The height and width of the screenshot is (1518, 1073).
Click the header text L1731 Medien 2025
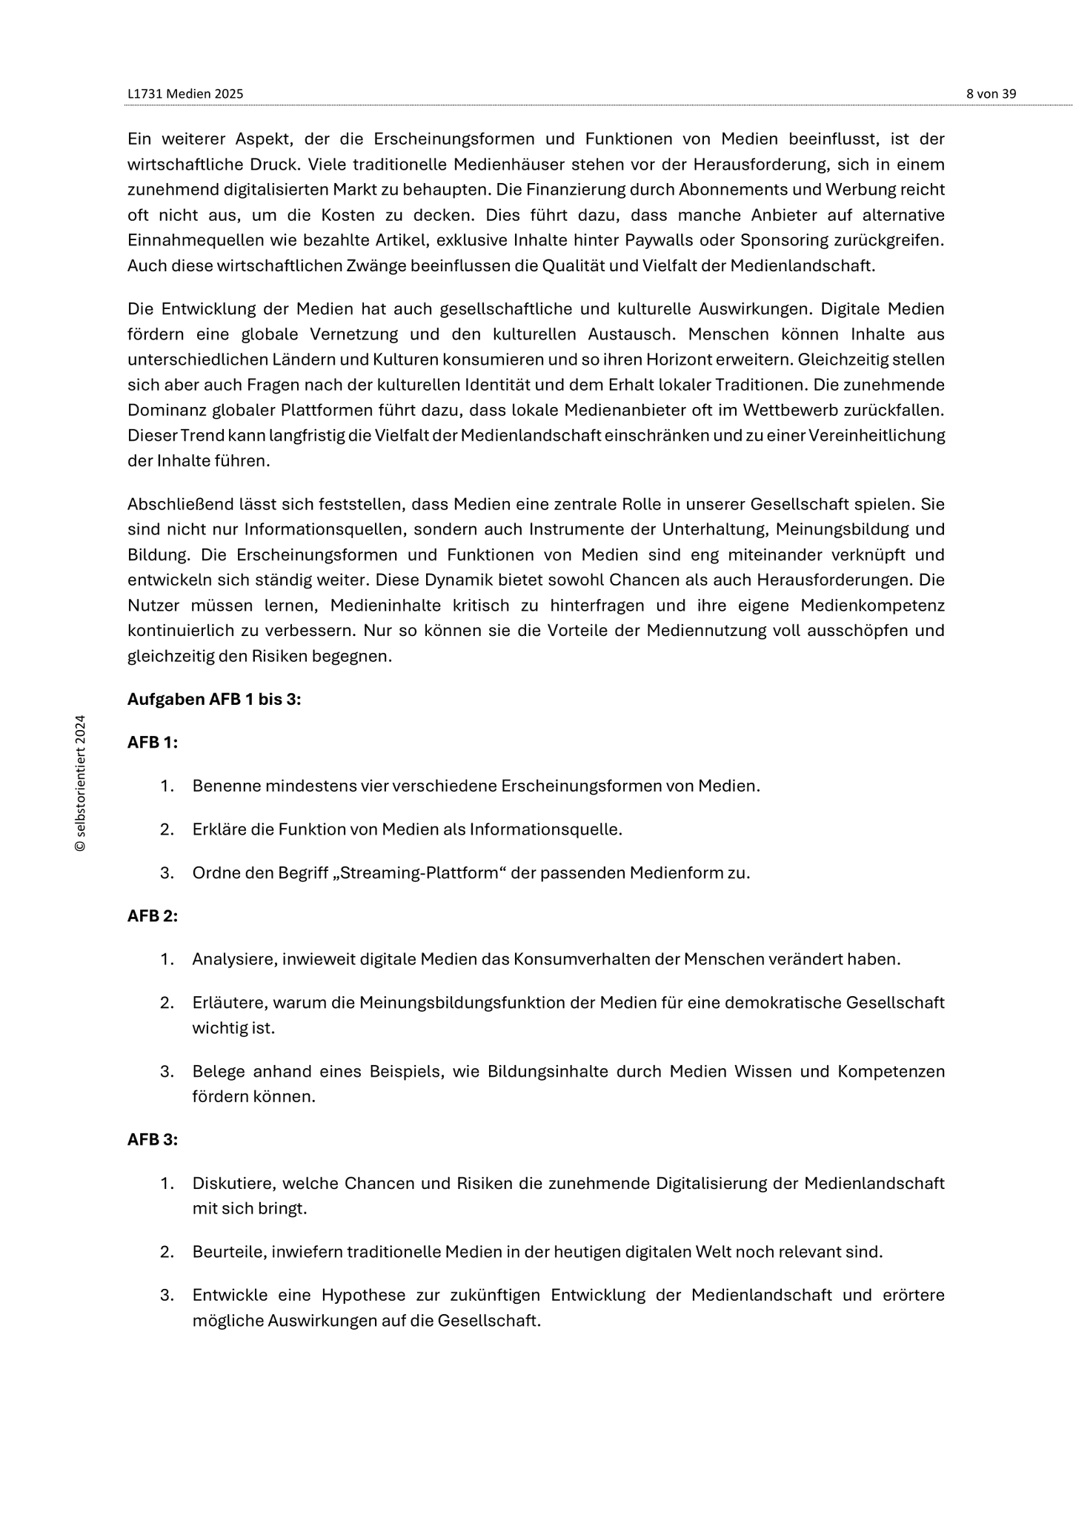point(185,94)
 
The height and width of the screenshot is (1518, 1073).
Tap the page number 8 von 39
point(991,94)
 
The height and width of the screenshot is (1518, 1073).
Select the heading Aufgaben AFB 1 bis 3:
point(214,699)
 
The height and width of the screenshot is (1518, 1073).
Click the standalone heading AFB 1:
point(153,742)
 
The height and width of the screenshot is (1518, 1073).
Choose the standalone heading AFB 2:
point(153,915)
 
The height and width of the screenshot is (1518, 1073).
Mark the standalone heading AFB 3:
point(153,1139)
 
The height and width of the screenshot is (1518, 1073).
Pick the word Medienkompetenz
point(872,606)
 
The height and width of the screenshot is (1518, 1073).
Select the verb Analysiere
point(234,959)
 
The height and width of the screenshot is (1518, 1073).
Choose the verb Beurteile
point(228,1252)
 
